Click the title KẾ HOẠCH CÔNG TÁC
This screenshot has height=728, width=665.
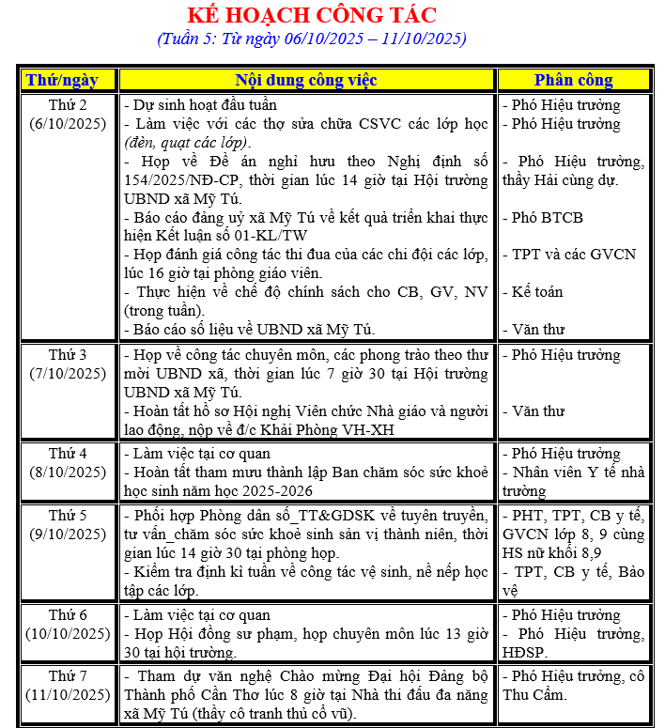pos(312,15)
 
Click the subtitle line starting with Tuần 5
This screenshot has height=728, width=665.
pos(312,39)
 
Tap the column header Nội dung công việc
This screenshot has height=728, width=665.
pos(306,80)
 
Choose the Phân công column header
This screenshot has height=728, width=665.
pos(573,80)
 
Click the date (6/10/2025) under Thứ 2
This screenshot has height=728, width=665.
pos(68,123)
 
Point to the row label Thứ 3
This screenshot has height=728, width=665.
pos(68,355)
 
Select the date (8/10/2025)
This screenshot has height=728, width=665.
pos(68,472)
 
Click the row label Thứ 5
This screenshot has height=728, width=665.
pos(68,515)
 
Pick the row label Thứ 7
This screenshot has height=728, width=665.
pos(68,676)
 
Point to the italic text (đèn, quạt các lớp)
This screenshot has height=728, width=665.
pos(187,142)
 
